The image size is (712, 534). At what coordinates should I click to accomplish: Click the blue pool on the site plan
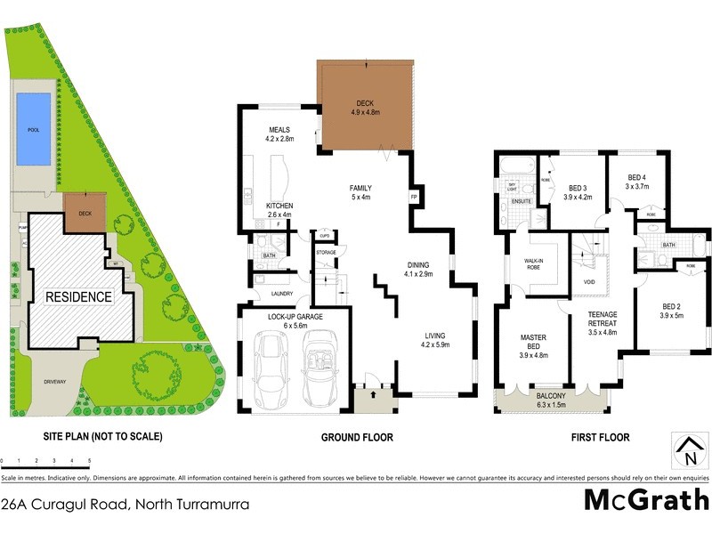click(x=34, y=131)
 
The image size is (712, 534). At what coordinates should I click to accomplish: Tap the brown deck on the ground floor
click(x=367, y=106)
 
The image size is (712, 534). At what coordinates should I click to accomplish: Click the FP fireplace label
click(x=414, y=196)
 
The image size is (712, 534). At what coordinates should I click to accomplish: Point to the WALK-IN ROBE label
click(x=534, y=264)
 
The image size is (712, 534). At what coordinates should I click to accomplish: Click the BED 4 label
click(x=637, y=176)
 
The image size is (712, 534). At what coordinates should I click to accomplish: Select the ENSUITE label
click(x=522, y=202)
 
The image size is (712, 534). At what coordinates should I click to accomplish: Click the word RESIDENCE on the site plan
click(x=79, y=296)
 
